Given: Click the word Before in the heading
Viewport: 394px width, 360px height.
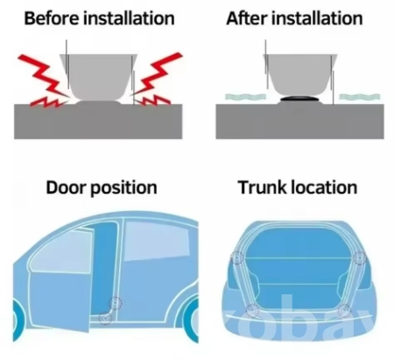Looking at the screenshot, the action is (52, 18).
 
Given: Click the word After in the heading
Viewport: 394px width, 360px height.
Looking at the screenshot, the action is (247, 18).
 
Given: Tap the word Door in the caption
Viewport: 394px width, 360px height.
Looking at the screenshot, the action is (66, 187).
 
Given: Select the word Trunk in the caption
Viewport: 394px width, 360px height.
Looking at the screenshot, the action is (263, 187).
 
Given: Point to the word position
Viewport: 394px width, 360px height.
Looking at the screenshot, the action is (123, 188).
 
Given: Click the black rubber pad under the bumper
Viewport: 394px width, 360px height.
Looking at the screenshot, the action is (300, 99).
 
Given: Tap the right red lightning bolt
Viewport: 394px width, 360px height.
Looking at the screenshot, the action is (156, 79).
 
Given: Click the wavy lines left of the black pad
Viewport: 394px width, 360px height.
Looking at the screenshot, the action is (245, 96).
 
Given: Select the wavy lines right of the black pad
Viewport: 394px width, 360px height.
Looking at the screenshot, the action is (360, 96).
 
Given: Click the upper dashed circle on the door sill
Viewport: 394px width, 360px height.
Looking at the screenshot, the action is (116, 303).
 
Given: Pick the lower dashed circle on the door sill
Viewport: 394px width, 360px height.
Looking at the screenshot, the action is (105, 318).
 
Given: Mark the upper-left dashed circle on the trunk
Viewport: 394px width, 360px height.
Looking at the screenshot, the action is (236, 258).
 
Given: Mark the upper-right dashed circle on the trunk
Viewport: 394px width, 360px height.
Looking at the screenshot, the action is (360, 258).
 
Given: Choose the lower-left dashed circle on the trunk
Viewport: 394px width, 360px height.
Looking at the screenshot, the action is (252, 310).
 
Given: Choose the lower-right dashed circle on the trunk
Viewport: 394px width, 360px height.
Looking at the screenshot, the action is (344, 310).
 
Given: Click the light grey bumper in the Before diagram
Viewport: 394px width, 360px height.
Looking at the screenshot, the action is (98, 77).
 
